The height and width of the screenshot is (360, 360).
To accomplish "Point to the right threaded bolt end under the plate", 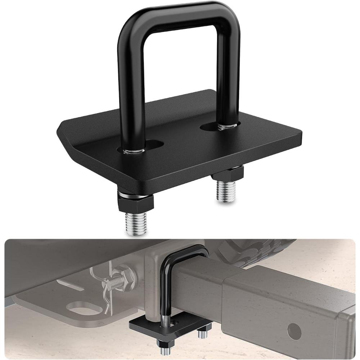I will tap(226, 190).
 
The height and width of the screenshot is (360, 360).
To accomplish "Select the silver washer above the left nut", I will tap(136, 194).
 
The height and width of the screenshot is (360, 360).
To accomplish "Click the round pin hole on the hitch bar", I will tap(294, 329).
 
